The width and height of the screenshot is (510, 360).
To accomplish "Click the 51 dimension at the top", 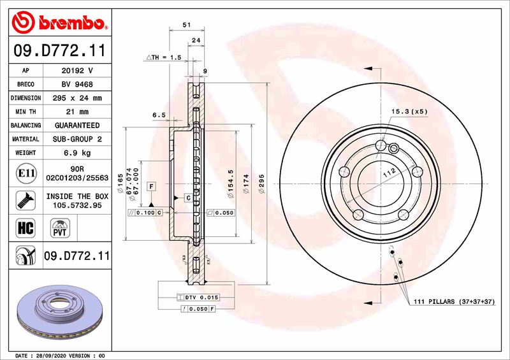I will coord(186,24).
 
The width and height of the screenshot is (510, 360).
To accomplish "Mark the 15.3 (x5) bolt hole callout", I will coord(409,112).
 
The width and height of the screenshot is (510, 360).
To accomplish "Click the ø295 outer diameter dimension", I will coord(261,184).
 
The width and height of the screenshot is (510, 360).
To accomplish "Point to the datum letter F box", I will coord(151,186).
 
